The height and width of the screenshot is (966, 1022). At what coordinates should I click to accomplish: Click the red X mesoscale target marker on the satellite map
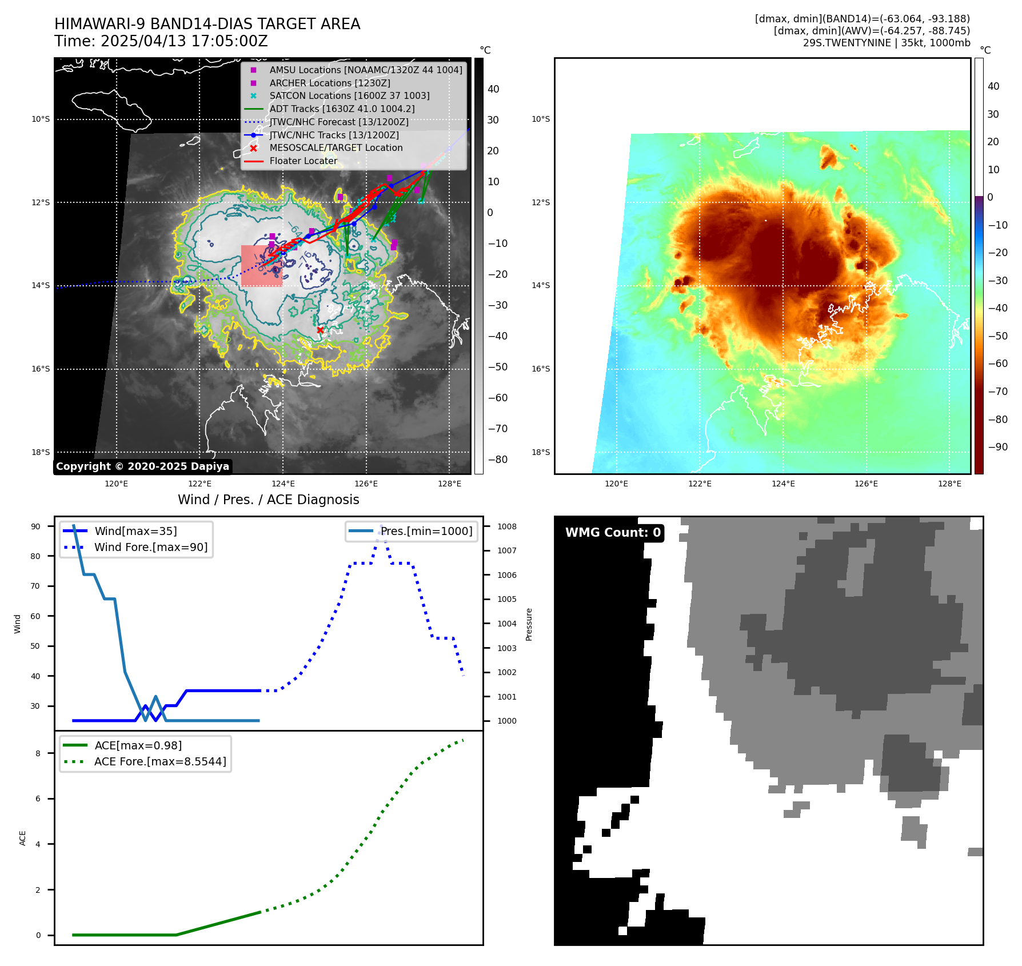point(320,330)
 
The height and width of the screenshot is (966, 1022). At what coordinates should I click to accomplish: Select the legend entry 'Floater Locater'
point(303,161)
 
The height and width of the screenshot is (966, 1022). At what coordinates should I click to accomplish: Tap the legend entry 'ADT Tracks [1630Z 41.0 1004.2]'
point(342,109)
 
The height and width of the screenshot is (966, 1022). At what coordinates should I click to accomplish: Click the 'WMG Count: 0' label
point(613,533)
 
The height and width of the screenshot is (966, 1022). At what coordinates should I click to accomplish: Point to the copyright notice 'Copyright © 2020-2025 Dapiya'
point(142,466)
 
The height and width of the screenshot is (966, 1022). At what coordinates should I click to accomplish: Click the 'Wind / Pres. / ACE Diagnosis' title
point(269,500)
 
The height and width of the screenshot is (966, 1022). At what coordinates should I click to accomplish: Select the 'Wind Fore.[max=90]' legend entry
point(151,547)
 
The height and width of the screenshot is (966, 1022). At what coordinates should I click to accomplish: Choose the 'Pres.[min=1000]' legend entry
point(426,531)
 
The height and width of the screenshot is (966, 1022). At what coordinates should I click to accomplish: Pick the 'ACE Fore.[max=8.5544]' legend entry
point(160,761)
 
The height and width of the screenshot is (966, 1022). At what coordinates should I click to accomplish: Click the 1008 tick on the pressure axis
point(506,526)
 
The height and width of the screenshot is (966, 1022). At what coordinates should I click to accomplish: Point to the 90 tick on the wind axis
point(35,526)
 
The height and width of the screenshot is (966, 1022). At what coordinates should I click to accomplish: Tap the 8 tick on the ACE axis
point(38,753)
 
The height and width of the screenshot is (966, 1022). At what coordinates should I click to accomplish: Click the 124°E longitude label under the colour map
point(783,484)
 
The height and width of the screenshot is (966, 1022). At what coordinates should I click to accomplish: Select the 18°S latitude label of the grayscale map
point(41,452)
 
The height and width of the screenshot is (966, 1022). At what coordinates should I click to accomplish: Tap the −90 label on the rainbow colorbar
point(997,447)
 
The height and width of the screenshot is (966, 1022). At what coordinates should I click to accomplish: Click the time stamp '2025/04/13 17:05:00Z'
point(184,41)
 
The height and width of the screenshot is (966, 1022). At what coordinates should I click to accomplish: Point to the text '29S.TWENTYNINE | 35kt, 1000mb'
point(886,43)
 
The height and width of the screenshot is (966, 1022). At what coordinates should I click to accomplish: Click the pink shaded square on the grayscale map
point(262,266)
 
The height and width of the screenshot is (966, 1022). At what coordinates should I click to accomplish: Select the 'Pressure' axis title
point(529,624)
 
